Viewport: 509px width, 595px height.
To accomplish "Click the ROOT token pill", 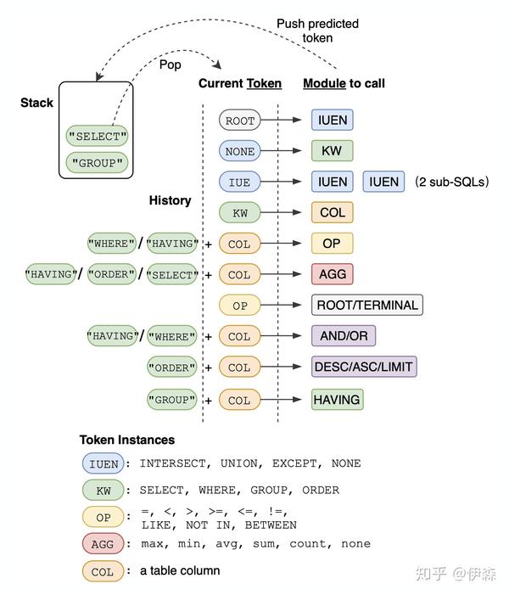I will coord(239,121).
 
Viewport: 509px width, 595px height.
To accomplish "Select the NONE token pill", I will coord(239,151).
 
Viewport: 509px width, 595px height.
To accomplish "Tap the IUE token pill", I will coord(239,182).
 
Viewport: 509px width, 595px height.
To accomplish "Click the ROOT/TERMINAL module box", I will coord(366,305).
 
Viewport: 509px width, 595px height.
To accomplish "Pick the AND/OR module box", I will coord(344,336).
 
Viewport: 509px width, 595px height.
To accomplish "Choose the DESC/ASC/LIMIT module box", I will coord(364,368).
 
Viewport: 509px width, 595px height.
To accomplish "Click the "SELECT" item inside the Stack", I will coord(97,136).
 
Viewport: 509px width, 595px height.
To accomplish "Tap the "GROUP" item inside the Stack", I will coord(97,163).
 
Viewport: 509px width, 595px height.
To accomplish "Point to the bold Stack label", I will coord(36,103).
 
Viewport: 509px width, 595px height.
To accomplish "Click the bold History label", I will coord(170,201).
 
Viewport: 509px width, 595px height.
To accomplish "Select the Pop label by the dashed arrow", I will coord(171,64).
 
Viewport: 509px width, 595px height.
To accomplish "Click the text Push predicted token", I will coord(317,31).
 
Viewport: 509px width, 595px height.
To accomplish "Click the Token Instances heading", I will coord(127,440).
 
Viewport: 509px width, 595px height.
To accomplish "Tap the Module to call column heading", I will coord(344,83).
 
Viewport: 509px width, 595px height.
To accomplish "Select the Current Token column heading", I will coord(239,83).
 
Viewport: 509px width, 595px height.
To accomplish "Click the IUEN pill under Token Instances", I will coord(103,463).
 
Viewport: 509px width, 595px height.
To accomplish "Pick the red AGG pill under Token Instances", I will coord(103,544).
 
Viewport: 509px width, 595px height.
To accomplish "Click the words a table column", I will coord(180,570).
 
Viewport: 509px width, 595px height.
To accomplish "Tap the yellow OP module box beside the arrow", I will coord(332,244).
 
